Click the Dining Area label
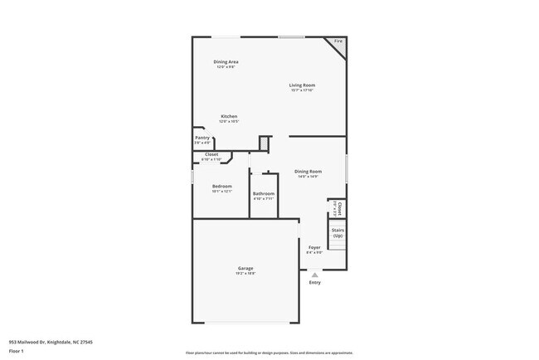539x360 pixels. [x=226, y=62]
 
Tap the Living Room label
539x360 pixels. [x=302, y=85]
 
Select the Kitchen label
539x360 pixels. [x=229, y=116]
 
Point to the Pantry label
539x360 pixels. [x=202, y=138]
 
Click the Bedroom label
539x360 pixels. [x=221, y=186]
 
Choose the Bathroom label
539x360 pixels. [x=264, y=194]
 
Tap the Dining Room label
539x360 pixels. [x=308, y=171]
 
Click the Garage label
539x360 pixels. [x=245, y=268]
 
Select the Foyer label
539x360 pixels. [x=314, y=247]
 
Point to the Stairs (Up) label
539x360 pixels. [x=337, y=232]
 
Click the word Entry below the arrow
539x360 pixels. [x=315, y=283]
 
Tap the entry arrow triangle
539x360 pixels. [x=314, y=275]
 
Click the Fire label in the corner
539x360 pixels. [x=338, y=41]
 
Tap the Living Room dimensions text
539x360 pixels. [x=302, y=90]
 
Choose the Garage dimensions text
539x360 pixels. [x=245, y=273]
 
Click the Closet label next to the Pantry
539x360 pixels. [x=211, y=154]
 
